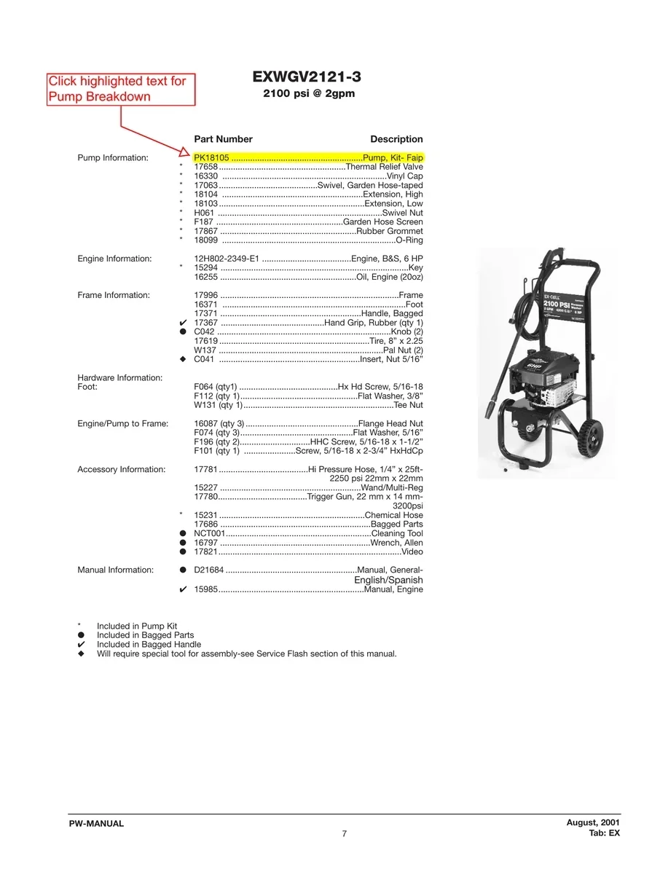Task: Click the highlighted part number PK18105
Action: coord(211,157)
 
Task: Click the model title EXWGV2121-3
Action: coord(307,76)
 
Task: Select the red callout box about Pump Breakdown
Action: coord(121,89)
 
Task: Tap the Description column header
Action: coord(396,139)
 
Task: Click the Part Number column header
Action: coord(223,139)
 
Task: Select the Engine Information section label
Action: coord(114,259)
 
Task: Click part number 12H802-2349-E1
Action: coord(227,259)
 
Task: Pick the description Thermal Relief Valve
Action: coord(385,167)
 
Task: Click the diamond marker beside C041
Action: coord(183,359)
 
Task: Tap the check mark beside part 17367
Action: coord(183,323)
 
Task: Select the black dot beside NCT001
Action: coord(183,534)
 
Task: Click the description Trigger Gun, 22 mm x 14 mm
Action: coord(365,497)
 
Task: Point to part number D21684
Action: coord(209,570)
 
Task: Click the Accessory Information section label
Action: coord(122,469)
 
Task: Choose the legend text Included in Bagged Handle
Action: coord(149,644)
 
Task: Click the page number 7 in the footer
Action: coord(345,833)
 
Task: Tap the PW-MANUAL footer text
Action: coord(96,823)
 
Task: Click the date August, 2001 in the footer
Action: coord(593,822)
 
